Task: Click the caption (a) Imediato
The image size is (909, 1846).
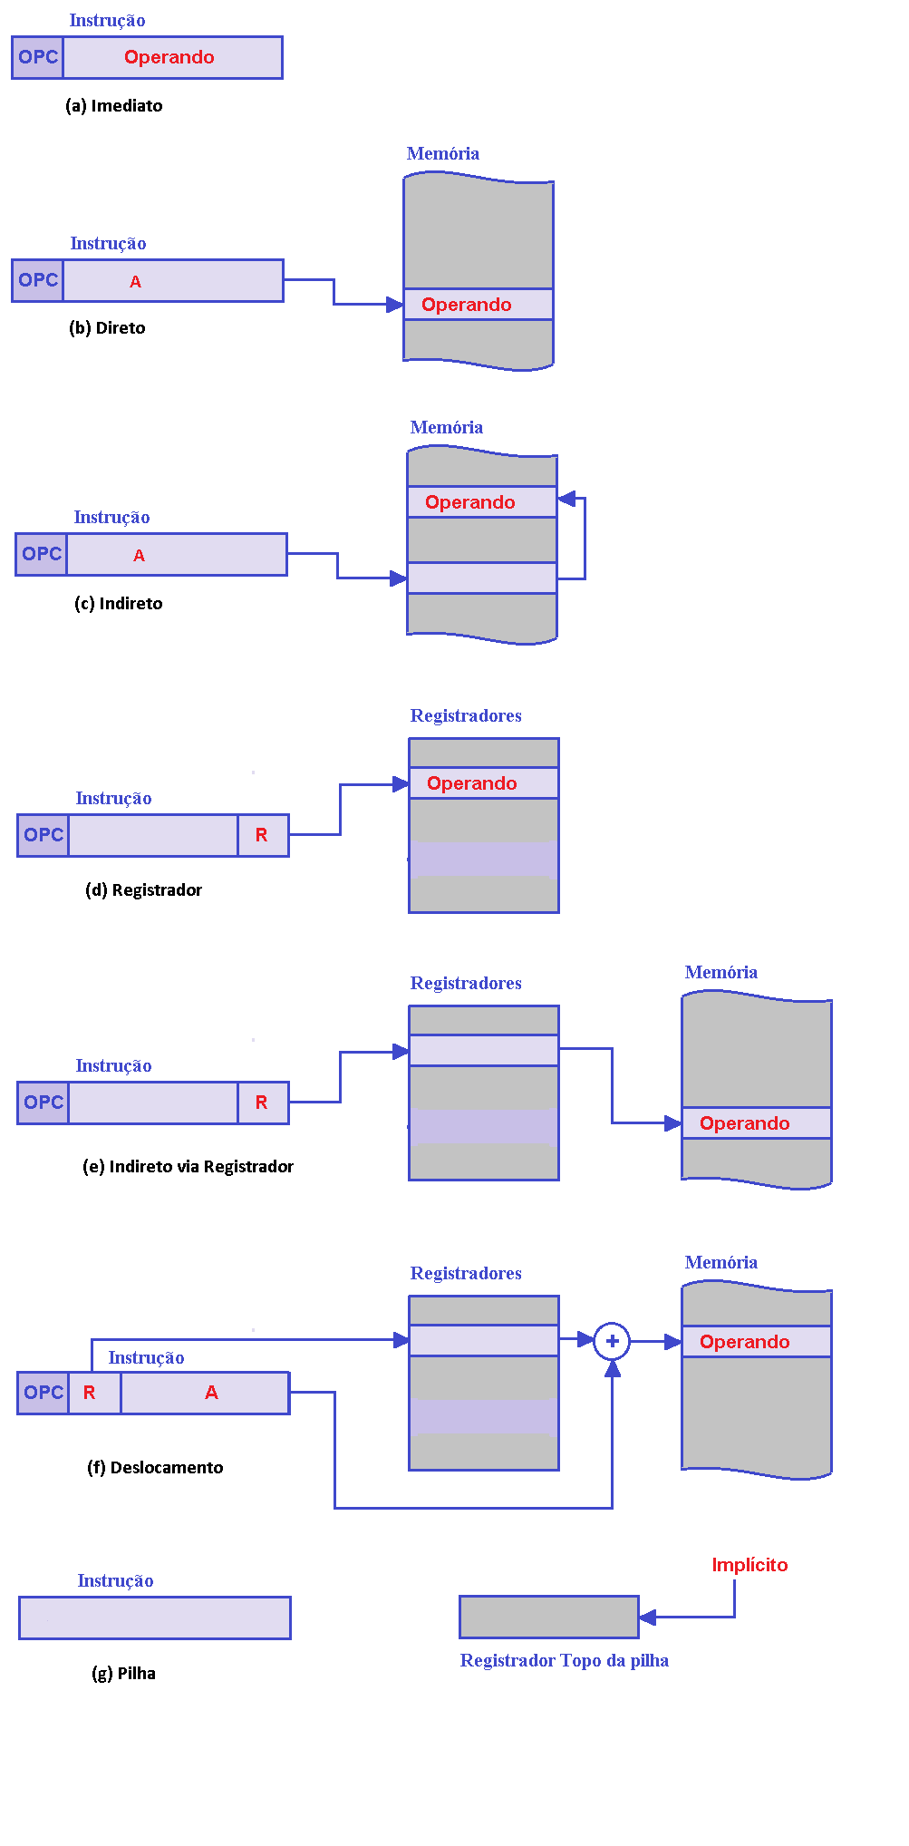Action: pos(113,106)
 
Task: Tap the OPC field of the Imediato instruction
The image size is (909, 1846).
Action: pos(38,57)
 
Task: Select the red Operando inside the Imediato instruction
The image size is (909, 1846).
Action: pos(169,57)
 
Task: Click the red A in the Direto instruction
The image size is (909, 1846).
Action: pos(135,282)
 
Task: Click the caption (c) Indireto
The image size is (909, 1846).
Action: pos(118,604)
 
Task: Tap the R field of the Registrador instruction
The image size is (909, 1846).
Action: pos(262,835)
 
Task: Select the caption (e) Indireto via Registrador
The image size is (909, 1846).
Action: pos(188,1167)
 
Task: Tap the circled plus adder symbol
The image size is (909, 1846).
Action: pos(612,1341)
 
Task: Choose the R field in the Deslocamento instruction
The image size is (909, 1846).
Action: pos(90,1393)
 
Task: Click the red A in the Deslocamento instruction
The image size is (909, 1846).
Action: pos(211,1393)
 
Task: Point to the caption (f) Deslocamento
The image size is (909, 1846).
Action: pos(155,1468)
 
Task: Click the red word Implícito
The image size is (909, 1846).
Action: pos(749,1565)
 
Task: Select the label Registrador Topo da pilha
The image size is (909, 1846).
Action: pos(564,1661)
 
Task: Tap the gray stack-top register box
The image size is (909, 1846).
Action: pos(548,1618)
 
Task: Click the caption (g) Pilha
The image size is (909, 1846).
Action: pos(123,1674)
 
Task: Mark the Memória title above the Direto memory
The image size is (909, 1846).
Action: pos(442,154)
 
